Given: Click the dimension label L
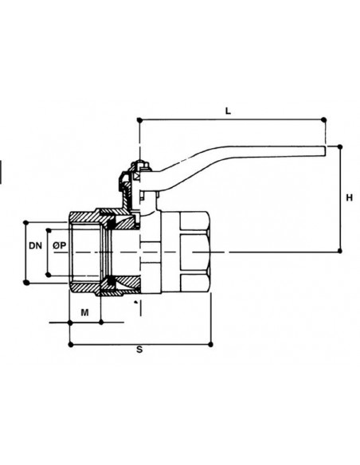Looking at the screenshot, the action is coord(228,111).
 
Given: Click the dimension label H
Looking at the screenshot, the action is coord(350,197).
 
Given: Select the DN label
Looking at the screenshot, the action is coord(35,245).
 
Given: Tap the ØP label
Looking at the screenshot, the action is coord(59,245).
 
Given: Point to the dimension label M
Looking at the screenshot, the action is coord(84,313).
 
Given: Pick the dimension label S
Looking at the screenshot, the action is coord(139,350).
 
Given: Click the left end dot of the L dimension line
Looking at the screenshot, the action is coord(139,119).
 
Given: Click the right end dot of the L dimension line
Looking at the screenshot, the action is coord(324,119).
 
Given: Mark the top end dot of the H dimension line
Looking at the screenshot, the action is coord(340,147).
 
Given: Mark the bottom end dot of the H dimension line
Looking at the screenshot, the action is coord(340,251).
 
